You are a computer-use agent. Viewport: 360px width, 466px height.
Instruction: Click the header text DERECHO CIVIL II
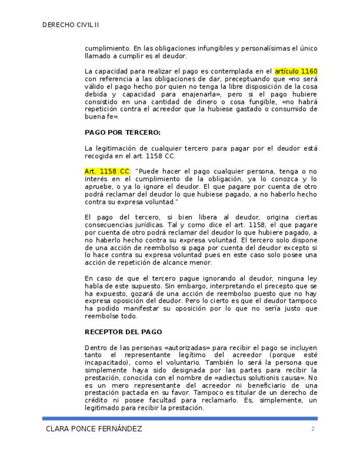[70, 25]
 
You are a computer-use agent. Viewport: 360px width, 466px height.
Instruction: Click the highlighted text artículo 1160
[296, 71]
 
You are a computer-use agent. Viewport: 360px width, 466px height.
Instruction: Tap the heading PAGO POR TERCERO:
[122, 132]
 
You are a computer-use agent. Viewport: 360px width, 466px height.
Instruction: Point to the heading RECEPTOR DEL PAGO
[123, 332]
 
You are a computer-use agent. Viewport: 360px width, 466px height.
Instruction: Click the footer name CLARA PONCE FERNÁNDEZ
[94, 429]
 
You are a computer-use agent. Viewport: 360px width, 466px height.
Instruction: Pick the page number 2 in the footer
[313, 429]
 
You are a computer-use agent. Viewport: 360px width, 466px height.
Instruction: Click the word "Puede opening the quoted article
[147, 171]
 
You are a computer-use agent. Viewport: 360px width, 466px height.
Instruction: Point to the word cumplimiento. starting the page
[107, 48]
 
